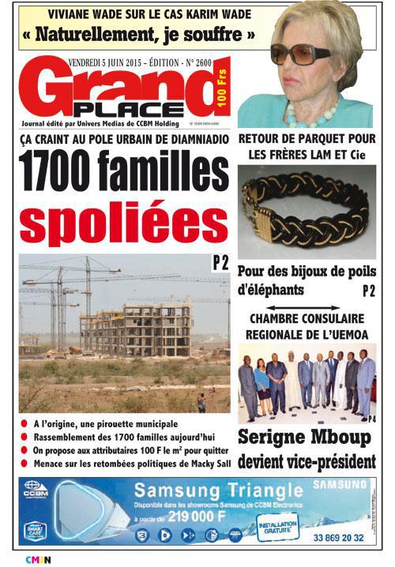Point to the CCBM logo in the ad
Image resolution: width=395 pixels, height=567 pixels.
(x=35, y=488)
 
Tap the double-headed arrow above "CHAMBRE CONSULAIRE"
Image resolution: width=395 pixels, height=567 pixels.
(x=307, y=309)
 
